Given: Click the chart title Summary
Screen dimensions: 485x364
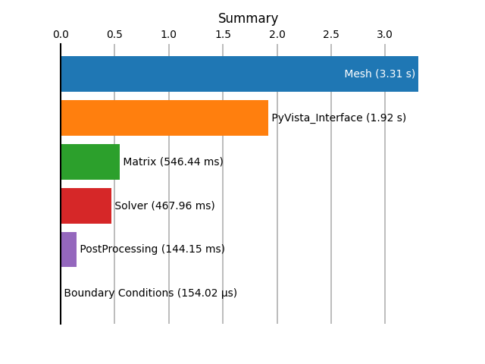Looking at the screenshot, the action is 248,18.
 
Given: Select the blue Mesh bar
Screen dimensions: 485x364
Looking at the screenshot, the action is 239,74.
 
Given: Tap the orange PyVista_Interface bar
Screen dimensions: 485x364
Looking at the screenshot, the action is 164,118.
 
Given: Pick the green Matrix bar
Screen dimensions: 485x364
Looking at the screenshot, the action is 90,162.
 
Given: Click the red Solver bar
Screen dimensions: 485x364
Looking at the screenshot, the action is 86,206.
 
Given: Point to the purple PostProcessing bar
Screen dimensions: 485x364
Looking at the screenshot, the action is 69,249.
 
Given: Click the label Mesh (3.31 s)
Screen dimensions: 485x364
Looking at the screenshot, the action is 380,74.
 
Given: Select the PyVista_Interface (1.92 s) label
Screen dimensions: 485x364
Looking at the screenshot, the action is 339,118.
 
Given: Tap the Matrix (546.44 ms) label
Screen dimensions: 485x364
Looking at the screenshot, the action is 173,162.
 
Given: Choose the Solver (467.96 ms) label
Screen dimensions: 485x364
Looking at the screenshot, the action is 164,206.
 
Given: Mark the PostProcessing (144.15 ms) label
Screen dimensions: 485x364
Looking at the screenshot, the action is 152,249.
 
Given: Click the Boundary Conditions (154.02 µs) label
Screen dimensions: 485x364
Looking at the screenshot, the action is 150,293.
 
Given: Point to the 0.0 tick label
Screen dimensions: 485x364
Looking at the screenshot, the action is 61,34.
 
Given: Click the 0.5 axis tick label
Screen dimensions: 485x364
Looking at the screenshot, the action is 114,34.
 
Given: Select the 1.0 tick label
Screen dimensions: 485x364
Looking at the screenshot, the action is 168,34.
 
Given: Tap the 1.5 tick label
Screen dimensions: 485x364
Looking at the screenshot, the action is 223,34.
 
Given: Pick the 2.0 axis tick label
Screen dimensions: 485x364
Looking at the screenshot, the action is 277,34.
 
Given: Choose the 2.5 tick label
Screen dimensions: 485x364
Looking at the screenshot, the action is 331,34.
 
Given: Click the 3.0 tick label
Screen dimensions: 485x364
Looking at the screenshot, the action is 384,34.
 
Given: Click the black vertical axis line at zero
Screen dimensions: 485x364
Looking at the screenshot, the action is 61,184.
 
